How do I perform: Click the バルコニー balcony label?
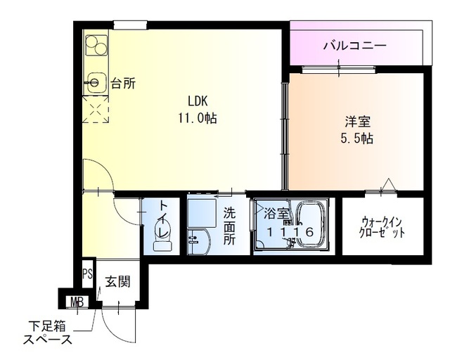coord(354,46)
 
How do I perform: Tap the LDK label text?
coord(197,101)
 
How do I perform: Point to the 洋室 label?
coord(354,120)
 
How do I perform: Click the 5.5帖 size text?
coord(354,138)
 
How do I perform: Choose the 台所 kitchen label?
coord(123,84)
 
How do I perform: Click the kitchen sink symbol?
coord(94,83)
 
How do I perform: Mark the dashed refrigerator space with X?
coord(95,110)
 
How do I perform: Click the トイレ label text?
coord(162,219)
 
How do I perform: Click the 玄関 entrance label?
coord(117,281)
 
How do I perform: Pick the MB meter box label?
coord(76,302)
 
